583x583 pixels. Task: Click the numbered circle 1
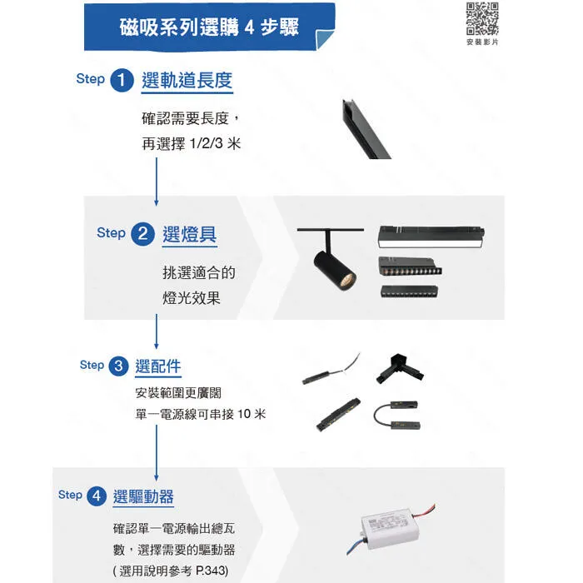pyautogui.click(x=123, y=81)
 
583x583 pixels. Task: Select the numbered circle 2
pyautogui.click(x=143, y=234)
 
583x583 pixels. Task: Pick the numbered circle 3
pyautogui.click(x=119, y=366)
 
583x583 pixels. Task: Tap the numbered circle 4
pyautogui.click(x=97, y=496)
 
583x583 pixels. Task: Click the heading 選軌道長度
pyautogui.click(x=187, y=81)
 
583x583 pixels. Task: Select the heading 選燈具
pyautogui.click(x=190, y=234)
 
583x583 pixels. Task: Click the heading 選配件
pyautogui.click(x=158, y=366)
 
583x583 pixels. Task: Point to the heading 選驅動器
pyautogui.click(x=143, y=496)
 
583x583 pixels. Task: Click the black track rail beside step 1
pyautogui.click(x=364, y=129)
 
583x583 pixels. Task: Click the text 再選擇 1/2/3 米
pyautogui.click(x=192, y=143)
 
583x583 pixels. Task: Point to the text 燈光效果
pyautogui.click(x=192, y=297)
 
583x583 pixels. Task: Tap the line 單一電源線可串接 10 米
pyautogui.click(x=201, y=414)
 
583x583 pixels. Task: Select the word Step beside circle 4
pyautogui.click(x=70, y=495)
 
